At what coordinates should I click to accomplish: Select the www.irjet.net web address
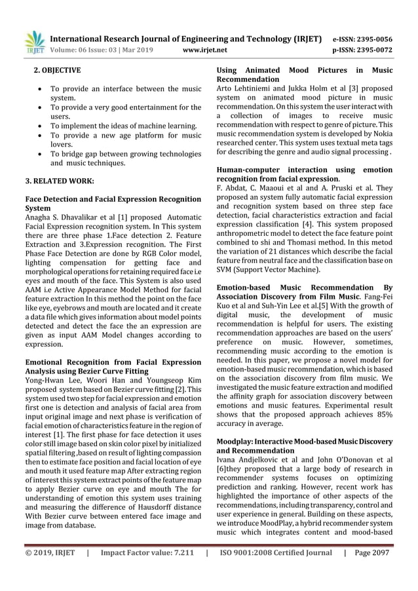[x=205, y=49]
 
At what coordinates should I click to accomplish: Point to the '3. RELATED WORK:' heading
[x=60, y=180]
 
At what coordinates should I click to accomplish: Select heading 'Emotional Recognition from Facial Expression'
[x=112, y=362]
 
